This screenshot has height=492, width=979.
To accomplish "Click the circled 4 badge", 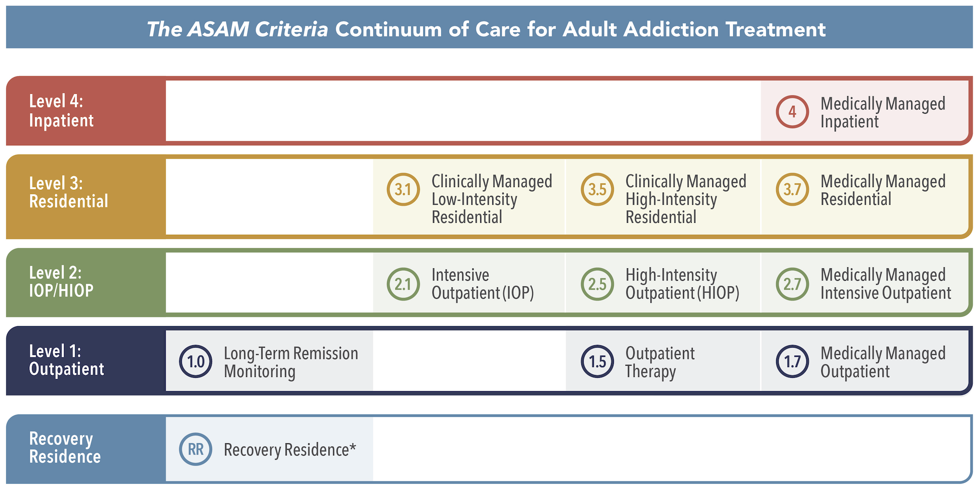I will tap(792, 112).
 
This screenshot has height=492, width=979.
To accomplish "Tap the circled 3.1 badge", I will tap(403, 189).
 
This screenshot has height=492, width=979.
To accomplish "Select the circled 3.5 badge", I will tap(597, 189).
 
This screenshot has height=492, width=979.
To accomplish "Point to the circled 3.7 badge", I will tap(792, 189).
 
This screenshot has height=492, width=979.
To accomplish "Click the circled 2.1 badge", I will tap(403, 284).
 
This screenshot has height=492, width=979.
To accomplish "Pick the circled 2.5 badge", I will tap(597, 284).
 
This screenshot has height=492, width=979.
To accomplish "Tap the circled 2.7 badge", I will tap(792, 284).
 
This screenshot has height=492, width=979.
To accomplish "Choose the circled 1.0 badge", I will tap(196, 362).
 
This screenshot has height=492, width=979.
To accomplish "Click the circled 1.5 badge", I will tap(597, 362).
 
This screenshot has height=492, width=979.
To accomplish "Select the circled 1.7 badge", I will tap(792, 362).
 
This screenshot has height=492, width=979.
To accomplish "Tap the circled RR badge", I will tap(196, 449).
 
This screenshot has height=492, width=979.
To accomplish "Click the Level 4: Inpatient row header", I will tap(61, 111).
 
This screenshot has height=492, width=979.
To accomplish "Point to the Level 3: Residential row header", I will tap(69, 192).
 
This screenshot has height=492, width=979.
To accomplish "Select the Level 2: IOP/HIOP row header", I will tap(61, 282).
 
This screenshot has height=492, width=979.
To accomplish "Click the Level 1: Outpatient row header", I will tap(66, 360).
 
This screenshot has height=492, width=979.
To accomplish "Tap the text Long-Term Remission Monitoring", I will tap(290, 363).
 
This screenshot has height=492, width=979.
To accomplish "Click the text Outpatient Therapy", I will tap(659, 363).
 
